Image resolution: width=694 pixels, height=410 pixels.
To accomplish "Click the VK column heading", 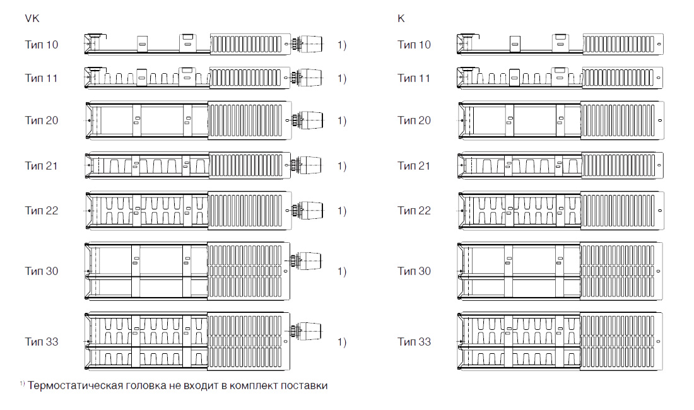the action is pos(32,18).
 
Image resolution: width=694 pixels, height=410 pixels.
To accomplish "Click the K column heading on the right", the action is pos(401,18).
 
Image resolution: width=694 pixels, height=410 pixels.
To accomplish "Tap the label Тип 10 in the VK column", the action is pos(42,45).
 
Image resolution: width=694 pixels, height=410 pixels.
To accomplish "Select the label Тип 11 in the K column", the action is pos(414,78).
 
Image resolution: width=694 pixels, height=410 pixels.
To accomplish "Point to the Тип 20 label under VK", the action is pos(42,120).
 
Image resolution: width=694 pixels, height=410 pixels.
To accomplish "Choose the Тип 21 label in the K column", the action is pos(414,165).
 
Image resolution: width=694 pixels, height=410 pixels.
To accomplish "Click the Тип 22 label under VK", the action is pos(42,211).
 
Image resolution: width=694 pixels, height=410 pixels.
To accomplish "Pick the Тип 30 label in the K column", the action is pos(414,271).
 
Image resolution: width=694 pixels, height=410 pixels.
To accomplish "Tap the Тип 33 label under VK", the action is pos(42,341).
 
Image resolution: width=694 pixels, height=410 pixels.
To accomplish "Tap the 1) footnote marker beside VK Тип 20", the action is pos(342,120).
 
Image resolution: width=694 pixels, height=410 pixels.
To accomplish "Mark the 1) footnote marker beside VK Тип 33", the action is pos(342,342).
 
